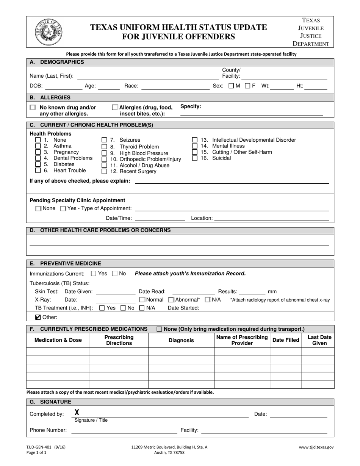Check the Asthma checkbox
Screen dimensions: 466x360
tap(38, 146)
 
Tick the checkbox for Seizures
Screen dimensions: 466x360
tap(104, 140)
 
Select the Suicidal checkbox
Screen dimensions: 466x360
tap(195, 158)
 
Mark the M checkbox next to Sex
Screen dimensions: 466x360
tap(231, 86)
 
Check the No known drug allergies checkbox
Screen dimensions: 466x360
tap(33, 108)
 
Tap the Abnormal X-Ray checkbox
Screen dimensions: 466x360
tap(171, 300)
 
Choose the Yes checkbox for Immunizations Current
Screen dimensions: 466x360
tap(94, 274)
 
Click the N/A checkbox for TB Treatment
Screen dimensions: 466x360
tap(142, 308)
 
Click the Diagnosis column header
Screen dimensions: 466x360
tap(181, 340)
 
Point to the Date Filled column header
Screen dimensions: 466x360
tap(286, 340)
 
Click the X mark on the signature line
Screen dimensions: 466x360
tap(77, 413)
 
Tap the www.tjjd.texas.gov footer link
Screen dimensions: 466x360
tap(316, 447)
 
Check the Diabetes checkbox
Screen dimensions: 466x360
tap(38, 164)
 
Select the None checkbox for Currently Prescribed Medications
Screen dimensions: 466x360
tap(159, 329)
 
